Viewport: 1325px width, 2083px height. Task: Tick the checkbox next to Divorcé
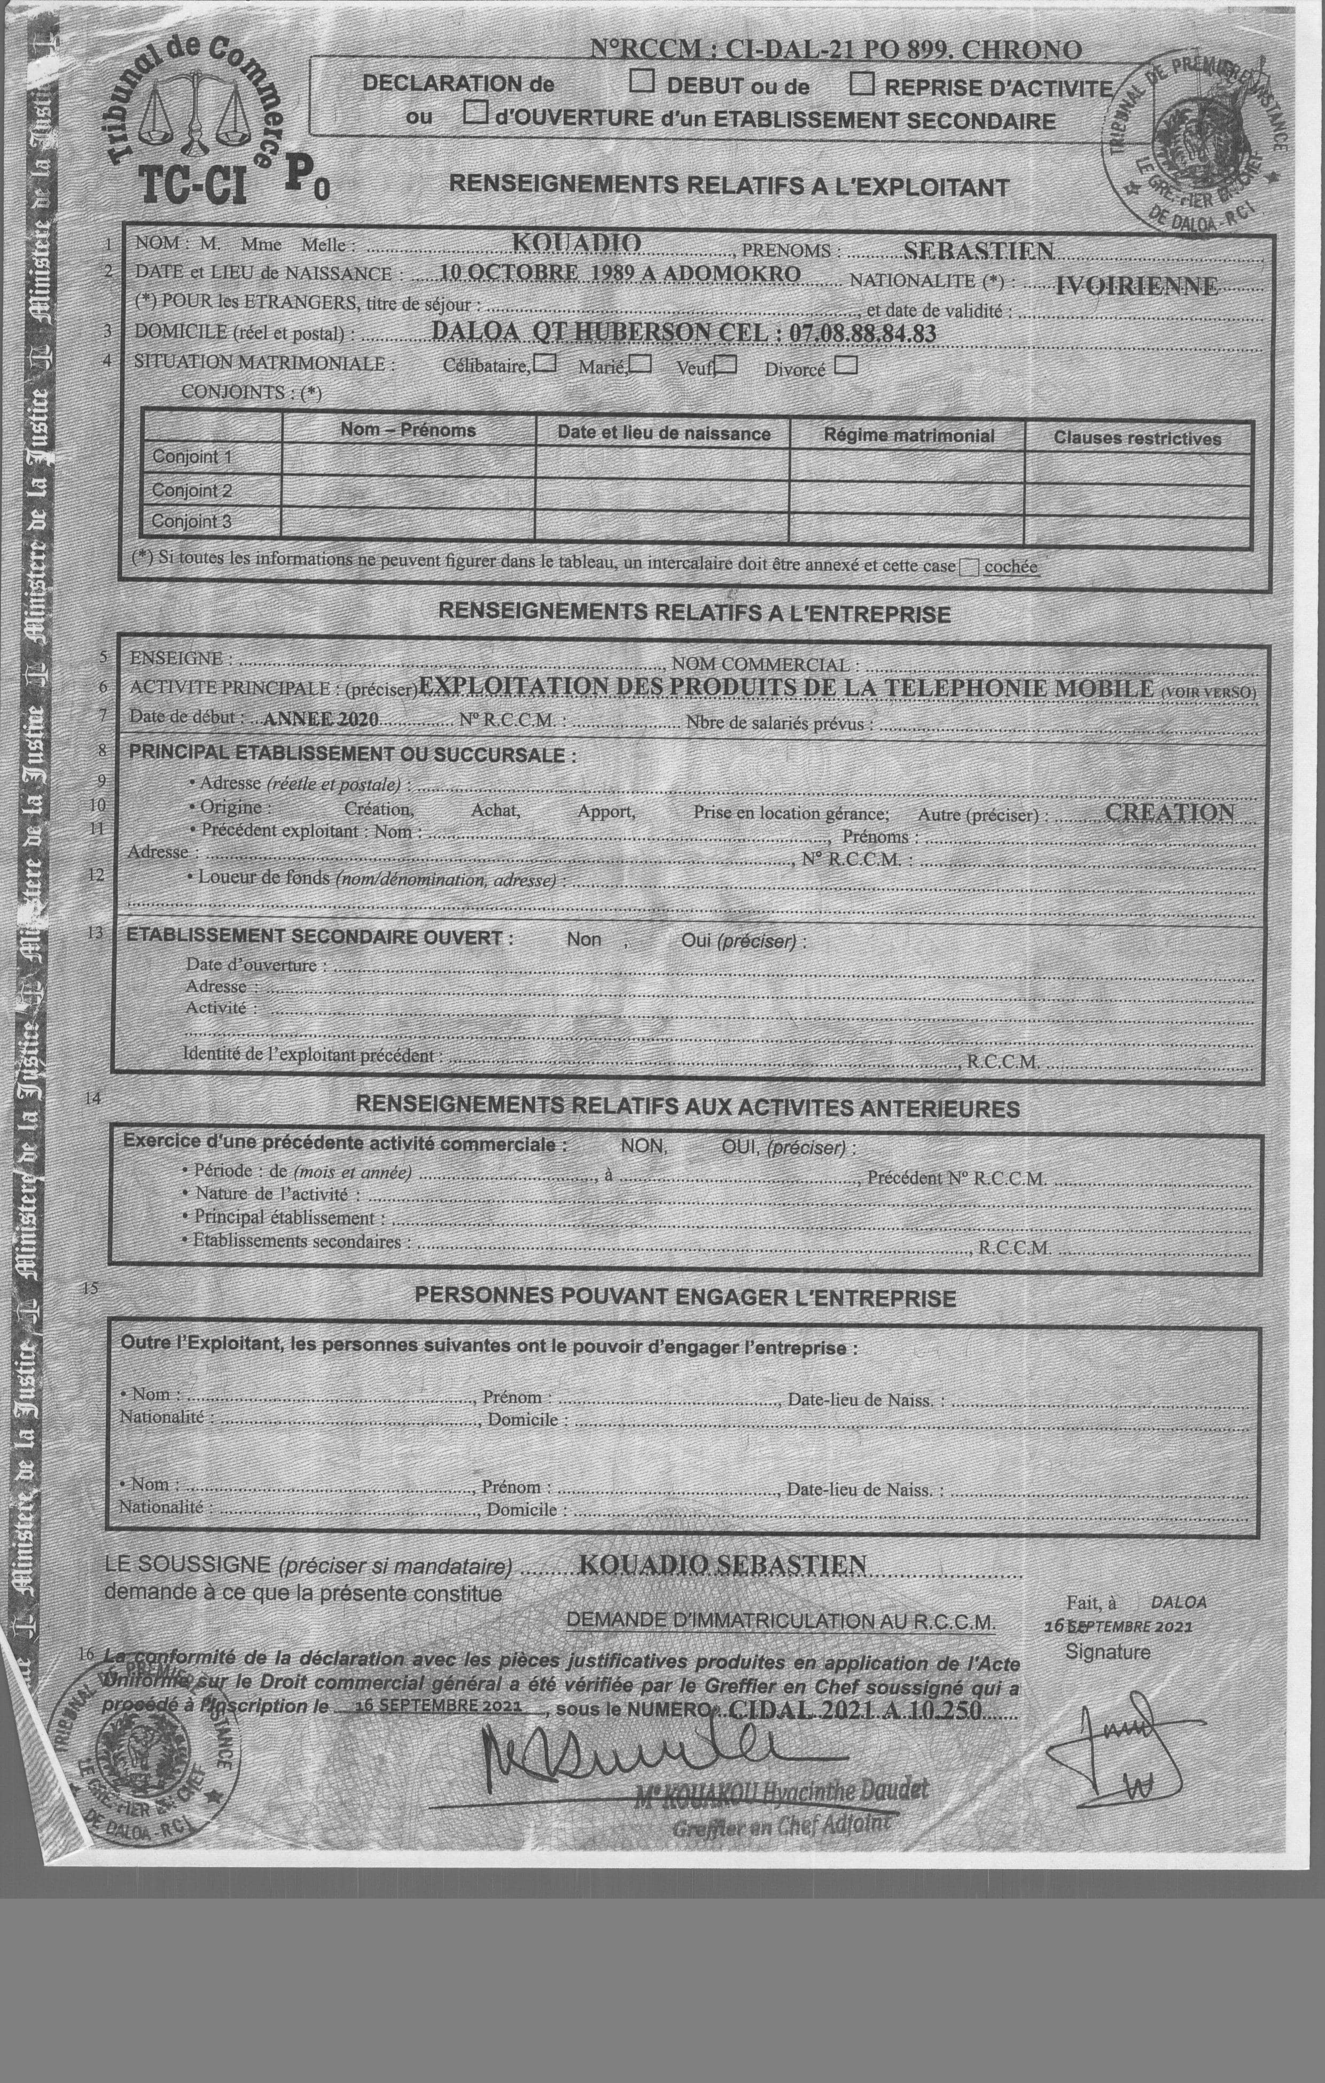click(x=847, y=366)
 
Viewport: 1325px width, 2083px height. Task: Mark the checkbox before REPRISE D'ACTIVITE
click(x=862, y=84)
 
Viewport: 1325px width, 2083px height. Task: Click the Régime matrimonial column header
click(x=908, y=435)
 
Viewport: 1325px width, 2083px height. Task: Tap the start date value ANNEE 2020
click(x=321, y=718)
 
